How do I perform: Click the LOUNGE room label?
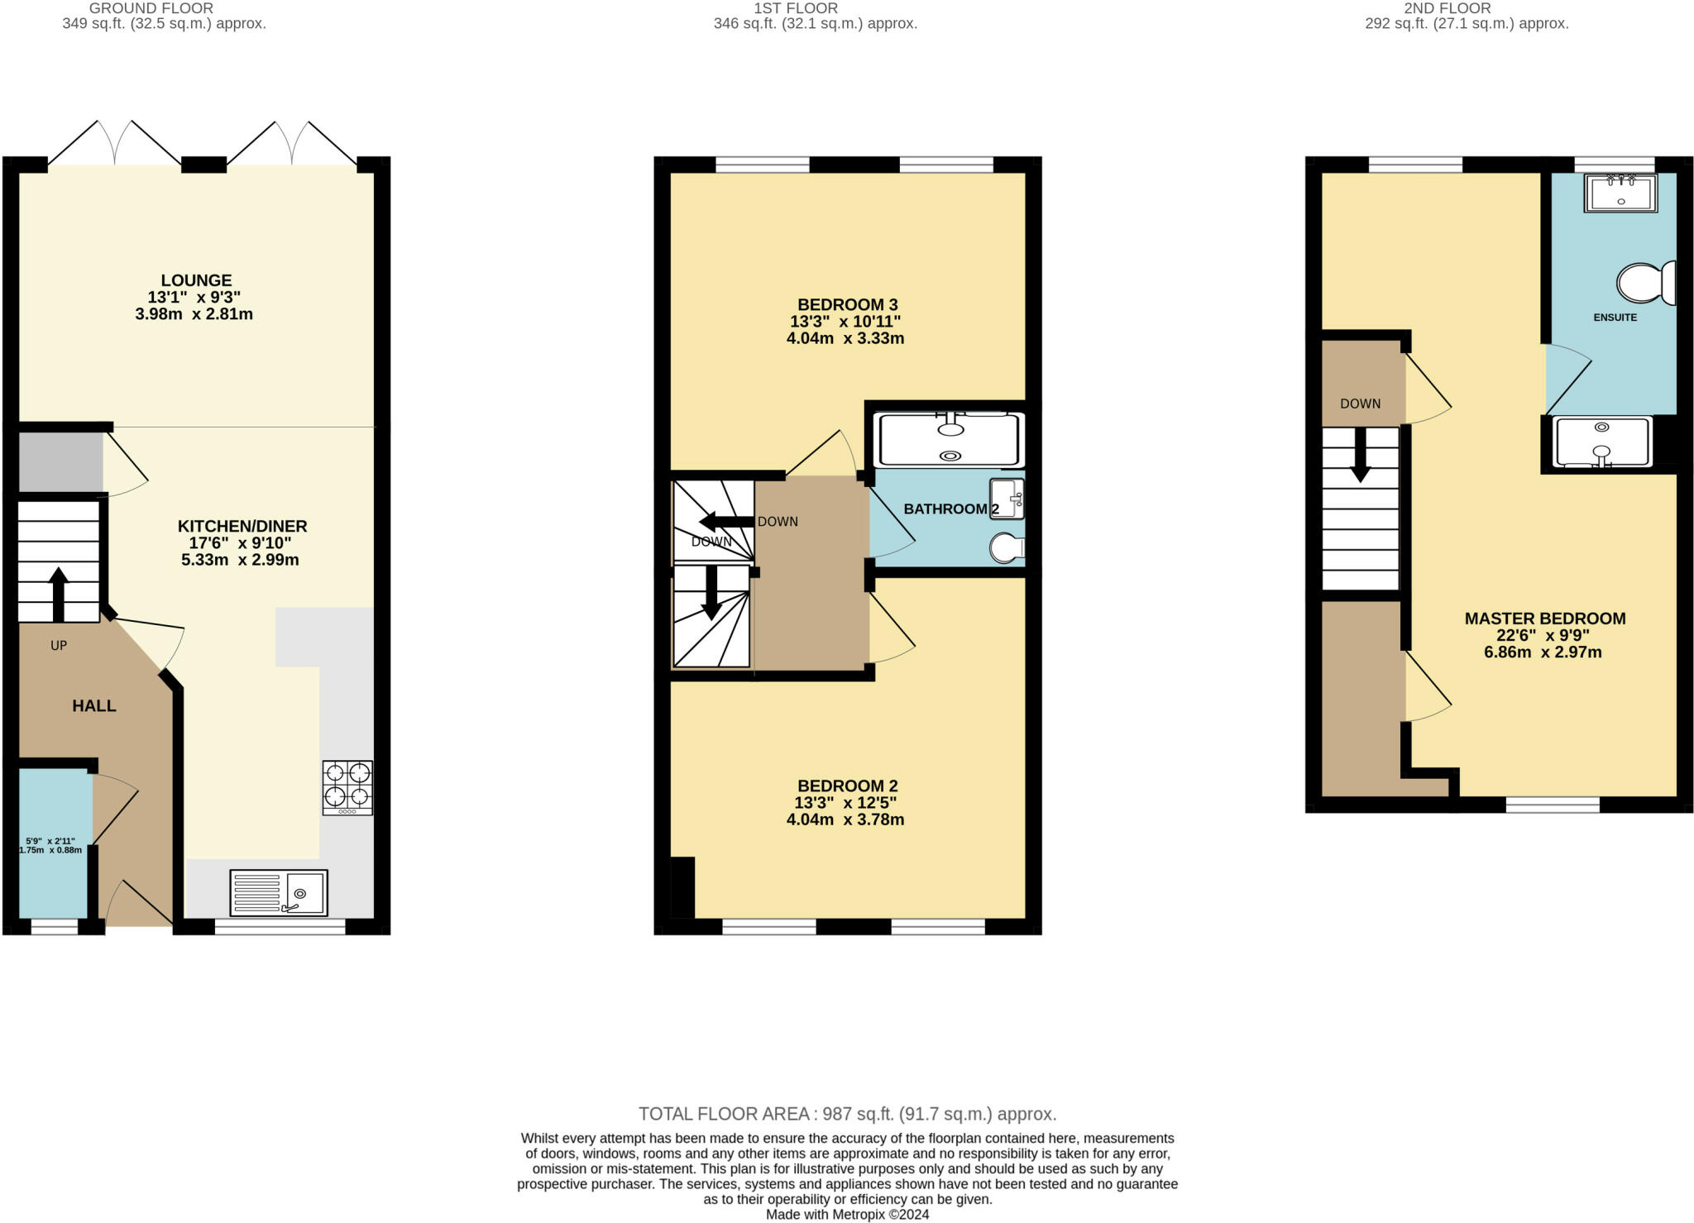(x=196, y=280)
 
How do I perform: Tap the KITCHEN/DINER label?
(x=242, y=526)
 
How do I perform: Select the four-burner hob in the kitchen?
(x=347, y=787)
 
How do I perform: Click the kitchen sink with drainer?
(x=279, y=892)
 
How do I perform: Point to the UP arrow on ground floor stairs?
(x=58, y=595)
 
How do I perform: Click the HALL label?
(x=94, y=706)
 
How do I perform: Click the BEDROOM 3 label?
(x=847, y=304)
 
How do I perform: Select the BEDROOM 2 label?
(x=847, y=786)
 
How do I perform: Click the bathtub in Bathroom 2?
(x=950, y=440)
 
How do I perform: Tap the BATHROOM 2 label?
(x=951, y=509)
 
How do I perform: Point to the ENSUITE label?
(x=1615, y=318)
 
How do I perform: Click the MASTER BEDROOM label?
(x=1544, y=619)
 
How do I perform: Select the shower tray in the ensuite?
(x=1603, y=442)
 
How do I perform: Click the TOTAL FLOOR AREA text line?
(x=847, y=1114)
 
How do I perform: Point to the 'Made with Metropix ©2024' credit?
(x=847, y=1215)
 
